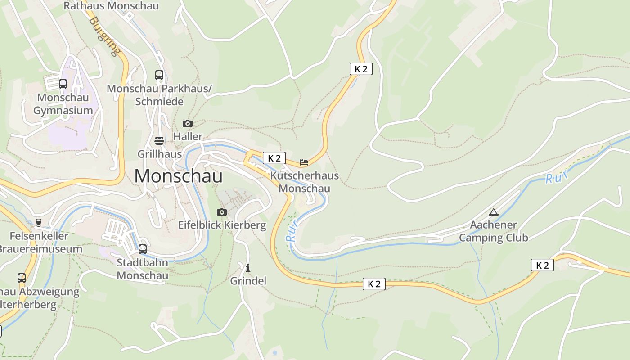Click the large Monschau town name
(x=178, y=175)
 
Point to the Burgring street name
(x=105, y=36)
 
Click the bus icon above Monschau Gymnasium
(x=63, y=84)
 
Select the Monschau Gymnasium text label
(x=63, y=104)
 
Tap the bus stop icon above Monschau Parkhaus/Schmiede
(x=159, y=75)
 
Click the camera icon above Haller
(x=188, y=123)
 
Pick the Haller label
(x=188, y=136)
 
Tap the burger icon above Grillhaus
(x=159, y=141)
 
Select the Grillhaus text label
(x=159, y=154)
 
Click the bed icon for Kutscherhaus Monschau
(x=304, y=162)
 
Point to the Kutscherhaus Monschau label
(x=304, y=182)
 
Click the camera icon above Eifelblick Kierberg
(x=222, y=212)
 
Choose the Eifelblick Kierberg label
(x=222, y=225)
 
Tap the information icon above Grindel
(x=248, y=268)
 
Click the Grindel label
(x=248, y=281)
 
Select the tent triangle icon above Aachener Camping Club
(x=494, y=212)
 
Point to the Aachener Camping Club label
(x=494, y=231)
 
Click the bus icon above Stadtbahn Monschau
(x=143, y=249)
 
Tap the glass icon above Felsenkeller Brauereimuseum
(x=38, y=222)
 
